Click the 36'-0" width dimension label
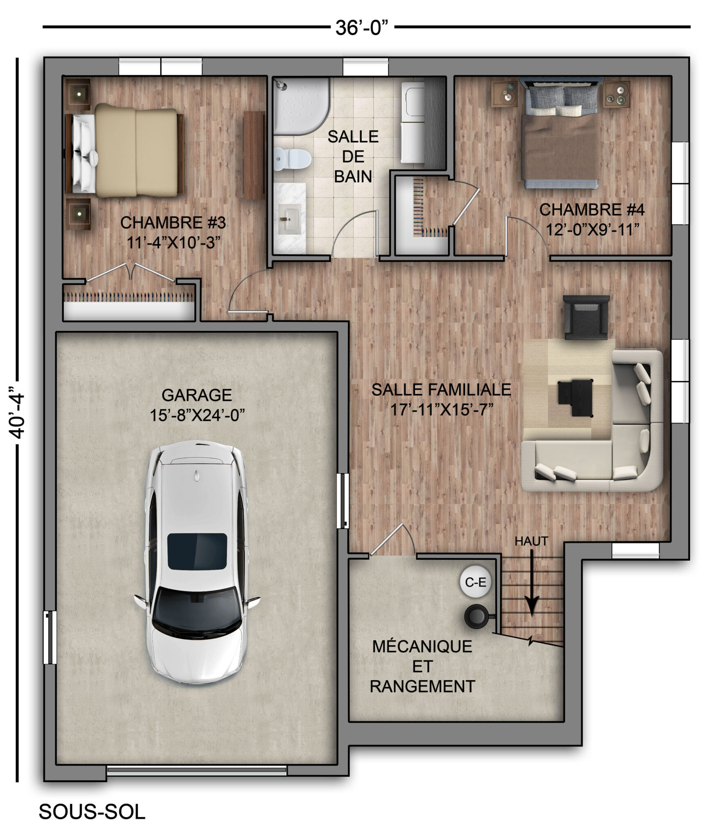[362, 28]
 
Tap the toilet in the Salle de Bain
[292, 159]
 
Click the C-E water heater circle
[475, 582]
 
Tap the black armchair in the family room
[586, 317]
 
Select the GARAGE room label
[197, 395]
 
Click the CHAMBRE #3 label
[173, 223]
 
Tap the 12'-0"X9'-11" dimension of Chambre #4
[592, 230]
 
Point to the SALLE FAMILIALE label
[441, 389]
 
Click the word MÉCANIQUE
[422, 646]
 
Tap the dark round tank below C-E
[476, 616]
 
